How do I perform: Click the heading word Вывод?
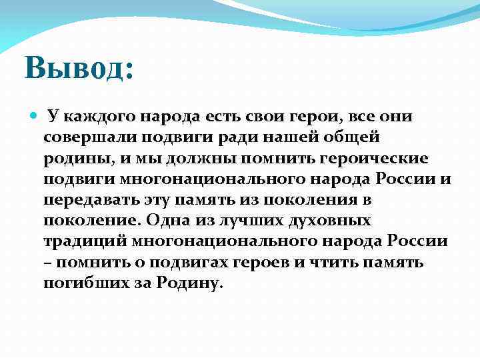click(x=79, y=69)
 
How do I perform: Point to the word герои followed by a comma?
click(x=294, y=117)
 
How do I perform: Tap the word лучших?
click(x=257, y=221)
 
